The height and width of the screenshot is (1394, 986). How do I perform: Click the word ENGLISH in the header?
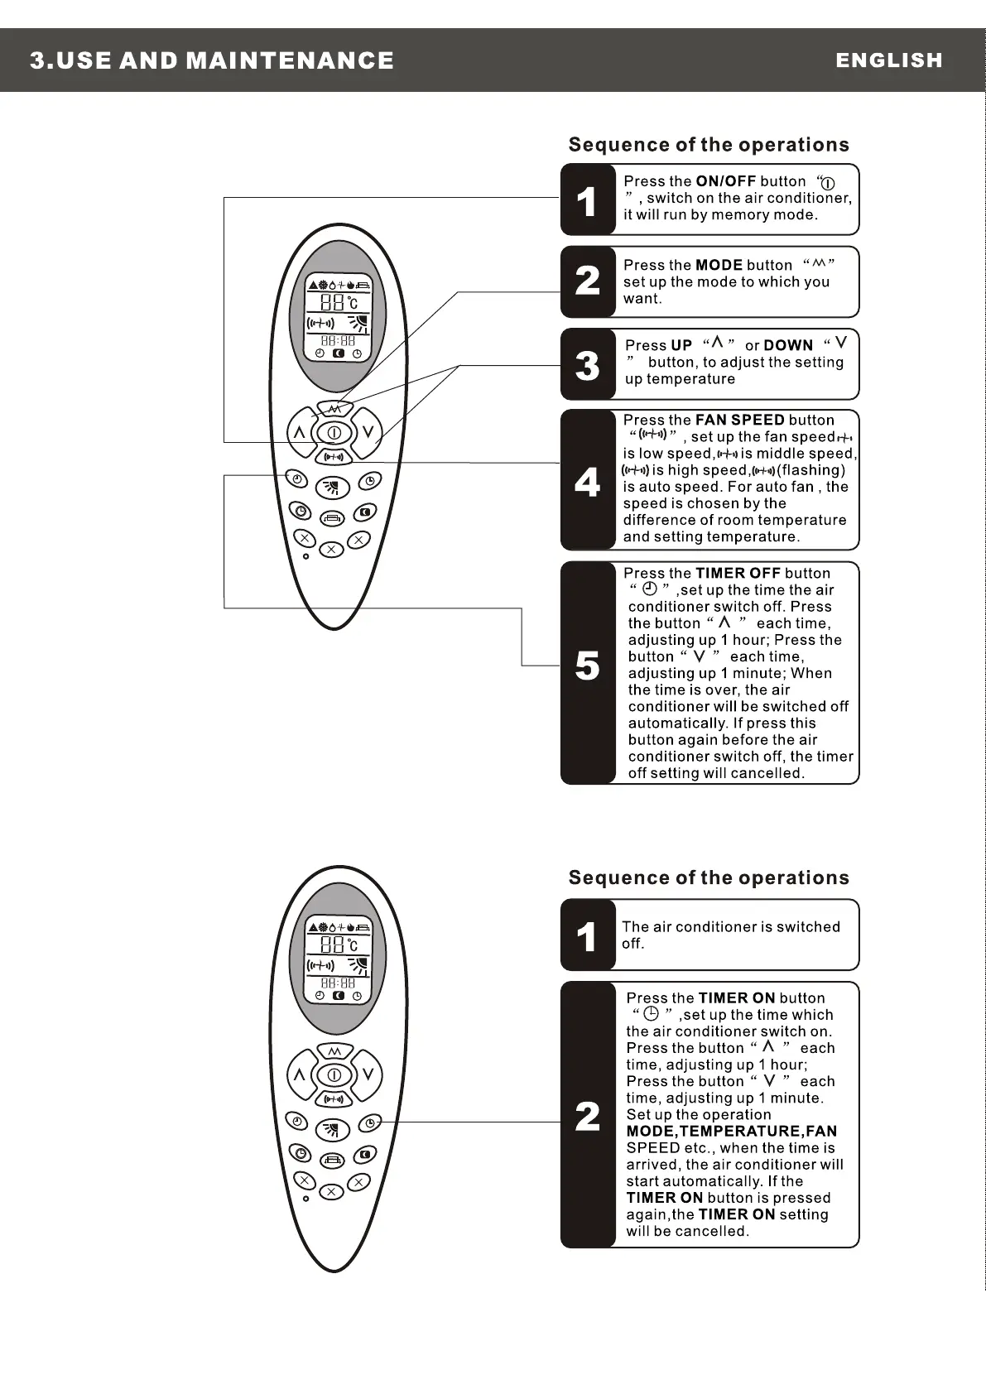coord(888,60)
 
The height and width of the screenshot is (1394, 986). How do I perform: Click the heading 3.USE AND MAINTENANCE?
coord(212,60)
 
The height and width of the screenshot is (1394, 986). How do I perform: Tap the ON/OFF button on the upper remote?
coord(334,432)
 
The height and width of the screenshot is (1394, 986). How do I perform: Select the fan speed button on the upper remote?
coord(334,456)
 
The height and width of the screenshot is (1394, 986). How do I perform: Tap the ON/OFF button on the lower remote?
coord(334,1075)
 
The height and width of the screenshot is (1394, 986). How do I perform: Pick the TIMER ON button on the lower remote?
coord(370,1122)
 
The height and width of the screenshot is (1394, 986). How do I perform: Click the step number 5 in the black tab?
coord(587,666)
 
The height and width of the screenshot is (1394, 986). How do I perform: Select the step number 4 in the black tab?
coord(587,482)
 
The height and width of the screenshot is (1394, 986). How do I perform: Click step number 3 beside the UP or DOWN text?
coord(587,365)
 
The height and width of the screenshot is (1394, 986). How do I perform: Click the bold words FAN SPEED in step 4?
coord(739,421)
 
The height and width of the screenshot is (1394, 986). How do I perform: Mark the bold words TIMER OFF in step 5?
coord(738,574)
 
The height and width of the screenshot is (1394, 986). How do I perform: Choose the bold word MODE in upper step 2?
coord(719,266)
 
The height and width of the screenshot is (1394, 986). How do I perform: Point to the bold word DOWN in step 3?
coord(788,346)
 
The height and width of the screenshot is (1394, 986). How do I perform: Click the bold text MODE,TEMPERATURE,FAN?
coord(731,1132)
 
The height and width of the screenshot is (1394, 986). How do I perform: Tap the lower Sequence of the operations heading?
coord(709,878)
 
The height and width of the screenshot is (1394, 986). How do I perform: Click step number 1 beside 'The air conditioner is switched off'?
coord(587,937)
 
